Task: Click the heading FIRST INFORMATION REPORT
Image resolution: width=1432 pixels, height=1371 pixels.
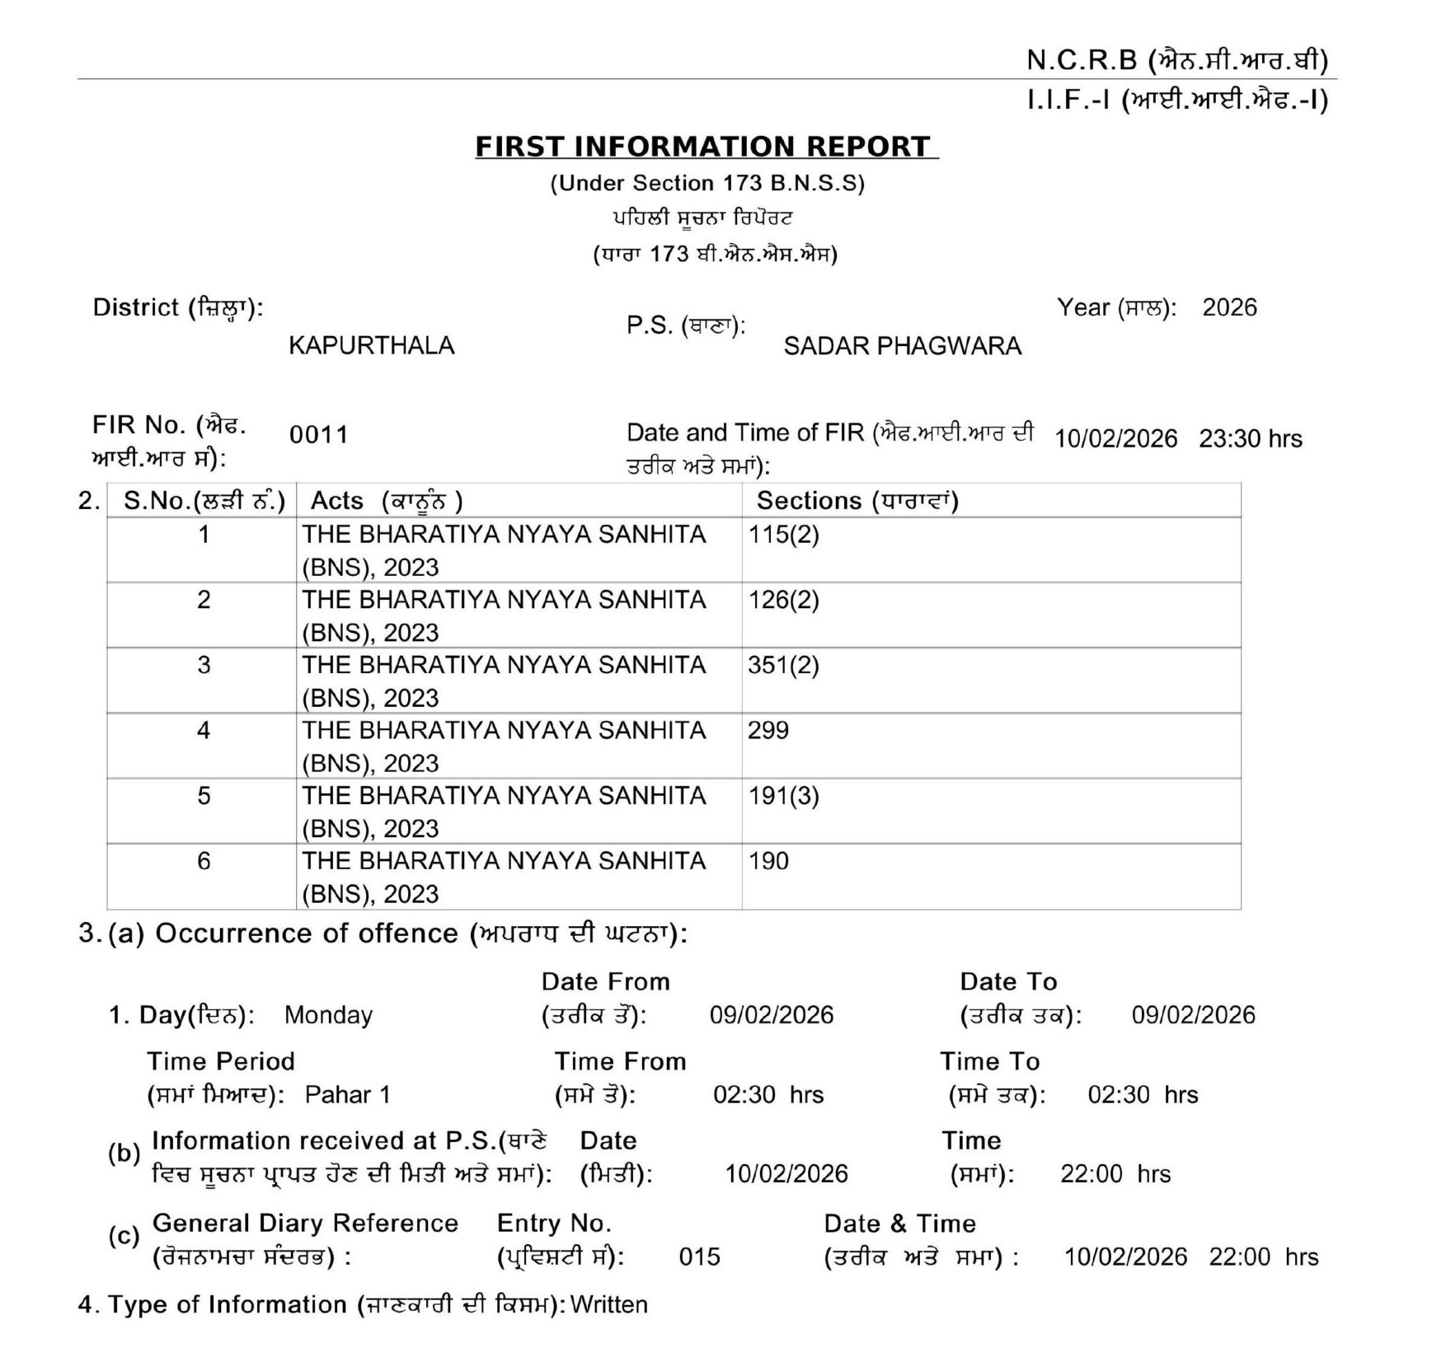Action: coord(706,147)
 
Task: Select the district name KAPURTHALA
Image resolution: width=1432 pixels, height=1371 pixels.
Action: coord(371,345)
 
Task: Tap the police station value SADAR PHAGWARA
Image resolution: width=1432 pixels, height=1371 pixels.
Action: coord(902,346)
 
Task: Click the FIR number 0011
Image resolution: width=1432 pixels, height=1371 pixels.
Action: coord(318,434)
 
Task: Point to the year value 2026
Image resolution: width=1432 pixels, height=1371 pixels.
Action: coord(1228,308)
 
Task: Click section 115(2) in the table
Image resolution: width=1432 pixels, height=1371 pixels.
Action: coord(783,535)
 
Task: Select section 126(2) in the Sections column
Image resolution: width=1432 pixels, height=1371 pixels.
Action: coord(783,600)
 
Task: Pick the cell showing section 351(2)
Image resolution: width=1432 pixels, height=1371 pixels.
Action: coord(783,665)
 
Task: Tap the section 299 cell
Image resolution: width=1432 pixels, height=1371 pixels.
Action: coord(768,730)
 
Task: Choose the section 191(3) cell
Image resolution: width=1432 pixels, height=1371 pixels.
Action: coord(783,796)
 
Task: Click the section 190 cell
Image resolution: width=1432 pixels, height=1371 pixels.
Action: coord(768,861)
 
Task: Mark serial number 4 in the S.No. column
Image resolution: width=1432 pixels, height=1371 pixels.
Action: coord(204,730)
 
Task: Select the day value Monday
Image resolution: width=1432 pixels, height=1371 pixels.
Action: coord(328,1015)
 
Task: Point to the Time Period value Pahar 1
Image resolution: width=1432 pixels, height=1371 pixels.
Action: coord(347,1095)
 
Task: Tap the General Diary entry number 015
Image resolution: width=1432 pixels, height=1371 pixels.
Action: coord(699,1257)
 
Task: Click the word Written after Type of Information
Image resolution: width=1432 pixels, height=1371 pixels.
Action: coord(608,1305)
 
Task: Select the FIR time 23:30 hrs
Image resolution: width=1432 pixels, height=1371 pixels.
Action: coord(1250,439)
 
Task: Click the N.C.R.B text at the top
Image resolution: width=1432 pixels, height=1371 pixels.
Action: coord(1081,60)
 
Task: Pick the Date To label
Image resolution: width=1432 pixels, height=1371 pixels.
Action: coord(1007,982)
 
